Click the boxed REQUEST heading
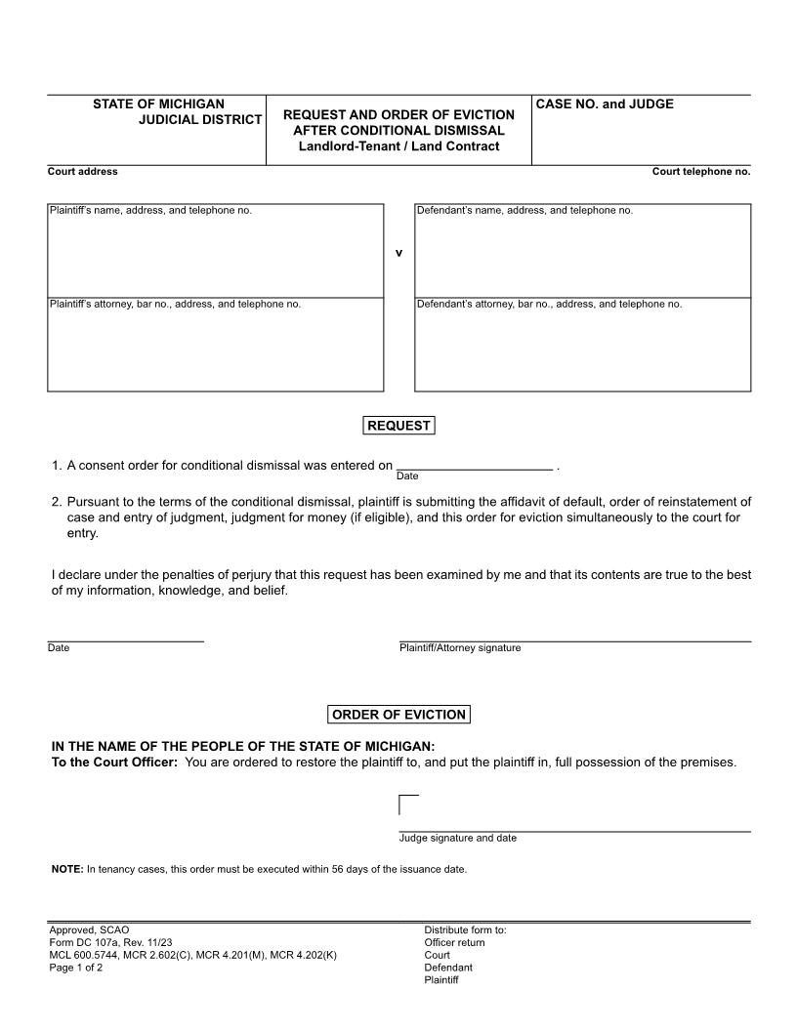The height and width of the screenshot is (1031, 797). (x=398, y=426)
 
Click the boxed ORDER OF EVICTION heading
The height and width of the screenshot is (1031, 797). (x=398, y=715)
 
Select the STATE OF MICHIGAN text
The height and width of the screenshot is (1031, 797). (x=158, y=103)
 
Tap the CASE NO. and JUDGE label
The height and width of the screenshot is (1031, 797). (x=605, y=104)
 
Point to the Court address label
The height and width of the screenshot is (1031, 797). (x=83, y=172)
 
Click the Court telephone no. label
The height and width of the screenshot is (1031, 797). (x=701, y=172)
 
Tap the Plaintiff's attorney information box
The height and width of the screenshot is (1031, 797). (x=215, y=348)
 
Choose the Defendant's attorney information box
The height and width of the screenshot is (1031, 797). (x=583, y=348)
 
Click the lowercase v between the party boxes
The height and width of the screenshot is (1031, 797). (x=398, y=253)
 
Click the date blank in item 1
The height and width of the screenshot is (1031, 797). (x=475, y=465)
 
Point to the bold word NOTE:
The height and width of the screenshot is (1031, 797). (x=67, y=869)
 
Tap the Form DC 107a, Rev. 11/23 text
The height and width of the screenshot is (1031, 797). (x=110, y=943)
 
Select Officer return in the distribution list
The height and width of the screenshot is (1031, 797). (x=454, y=943)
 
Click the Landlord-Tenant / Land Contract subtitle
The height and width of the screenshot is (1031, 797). (x=398, y=146)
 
